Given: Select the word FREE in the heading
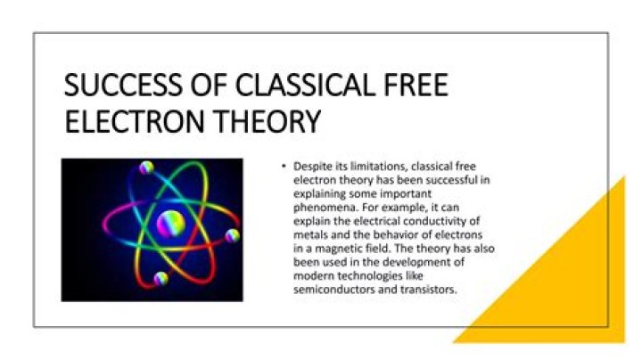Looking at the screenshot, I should tap(415, 87).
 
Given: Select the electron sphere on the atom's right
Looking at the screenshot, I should tap(232, 235).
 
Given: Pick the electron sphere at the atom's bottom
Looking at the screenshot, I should tap(160, 278).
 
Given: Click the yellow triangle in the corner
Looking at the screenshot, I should tap(571, 294).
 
